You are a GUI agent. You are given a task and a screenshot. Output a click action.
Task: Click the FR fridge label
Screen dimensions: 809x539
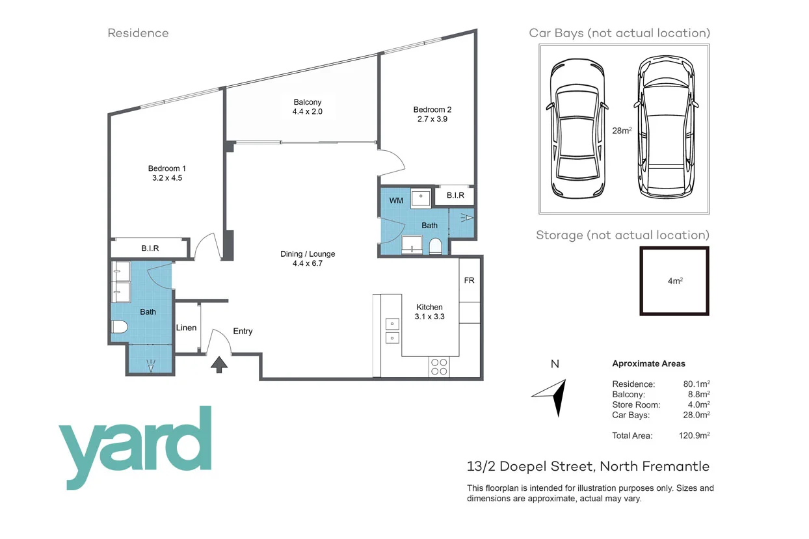coord(469,281)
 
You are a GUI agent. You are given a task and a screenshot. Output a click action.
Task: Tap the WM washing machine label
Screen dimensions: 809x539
coord(396,201)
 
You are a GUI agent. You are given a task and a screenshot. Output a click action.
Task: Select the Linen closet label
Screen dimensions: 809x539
coord(186,328)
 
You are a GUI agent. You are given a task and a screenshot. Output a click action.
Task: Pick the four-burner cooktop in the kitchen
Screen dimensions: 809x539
coord(439,367)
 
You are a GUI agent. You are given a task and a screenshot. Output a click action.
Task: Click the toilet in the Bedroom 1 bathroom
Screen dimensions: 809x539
coord(120,328)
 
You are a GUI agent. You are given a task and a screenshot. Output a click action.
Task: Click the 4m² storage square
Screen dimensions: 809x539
coord(674,281)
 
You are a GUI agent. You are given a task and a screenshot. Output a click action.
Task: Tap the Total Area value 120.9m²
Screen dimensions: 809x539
coord(693,436)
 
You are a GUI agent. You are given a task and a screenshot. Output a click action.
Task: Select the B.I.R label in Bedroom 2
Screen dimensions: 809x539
coord(455,195)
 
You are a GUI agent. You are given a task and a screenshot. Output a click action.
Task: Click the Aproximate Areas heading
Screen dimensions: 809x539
coord(648,364)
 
